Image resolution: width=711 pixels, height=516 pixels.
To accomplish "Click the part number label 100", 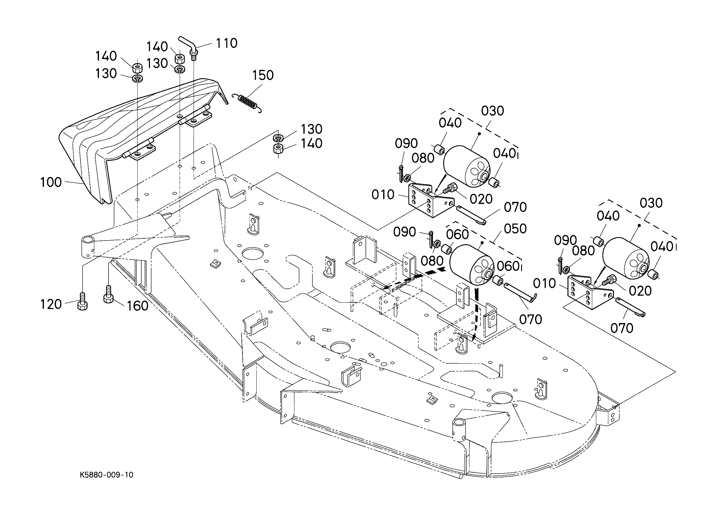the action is click(x=51, y=182).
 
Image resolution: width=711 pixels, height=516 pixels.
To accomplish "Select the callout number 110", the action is click(x=227, y=43).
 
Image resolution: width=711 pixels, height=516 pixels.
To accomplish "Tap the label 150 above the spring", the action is click(x=263, y=75).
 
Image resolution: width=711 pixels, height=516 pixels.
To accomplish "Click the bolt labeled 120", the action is click(x=82, y=301).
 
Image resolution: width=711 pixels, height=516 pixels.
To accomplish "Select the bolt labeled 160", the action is click(x=108, y=295).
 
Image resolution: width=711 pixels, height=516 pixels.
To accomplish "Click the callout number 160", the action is click(x=137, y=306).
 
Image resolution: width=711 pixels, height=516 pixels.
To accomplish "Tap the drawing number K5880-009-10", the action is click(x=107, y=475).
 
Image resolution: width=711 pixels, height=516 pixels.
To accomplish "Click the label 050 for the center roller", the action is click(x=515, y=229).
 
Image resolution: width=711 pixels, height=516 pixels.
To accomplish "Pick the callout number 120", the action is click(x=51, y=305).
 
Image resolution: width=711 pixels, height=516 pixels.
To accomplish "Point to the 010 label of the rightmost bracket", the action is click(x=545, y=284).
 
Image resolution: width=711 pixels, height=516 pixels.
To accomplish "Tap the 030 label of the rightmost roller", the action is click(x=651, y=203).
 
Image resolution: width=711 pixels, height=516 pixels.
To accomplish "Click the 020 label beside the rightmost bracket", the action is click(x=640, y=291).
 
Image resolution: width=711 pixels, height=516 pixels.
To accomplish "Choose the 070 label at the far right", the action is click(x=622, y=328).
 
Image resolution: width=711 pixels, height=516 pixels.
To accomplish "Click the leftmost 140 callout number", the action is click(x=106, y=57).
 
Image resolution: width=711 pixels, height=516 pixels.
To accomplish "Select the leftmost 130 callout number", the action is click(x=106, y=74).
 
